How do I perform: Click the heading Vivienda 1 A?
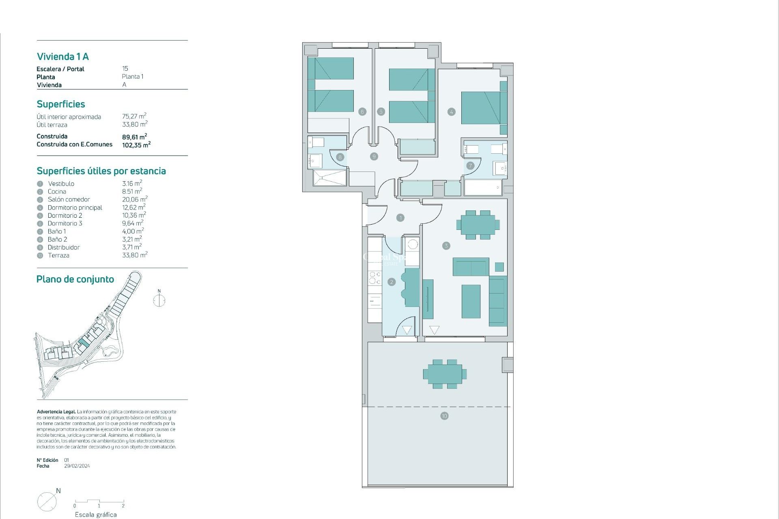point(63,56)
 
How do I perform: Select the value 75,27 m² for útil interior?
point(134,116)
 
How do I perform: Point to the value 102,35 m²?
point(136,145)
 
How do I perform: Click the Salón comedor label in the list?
point(69,199)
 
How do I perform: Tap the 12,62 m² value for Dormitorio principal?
point(133,207)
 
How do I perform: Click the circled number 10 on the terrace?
point(444,416)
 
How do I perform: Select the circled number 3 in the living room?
point(446,245)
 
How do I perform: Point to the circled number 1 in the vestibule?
point(400,218)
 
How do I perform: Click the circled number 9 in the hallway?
point(374,156)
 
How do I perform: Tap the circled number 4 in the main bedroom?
point(451,112)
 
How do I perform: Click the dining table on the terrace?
point(445,374)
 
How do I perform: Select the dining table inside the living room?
point(478,225)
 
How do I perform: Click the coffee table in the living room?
point(471,301)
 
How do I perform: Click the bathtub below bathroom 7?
point(483,188)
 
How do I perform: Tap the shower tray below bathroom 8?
point(330,178)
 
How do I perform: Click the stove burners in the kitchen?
point(374,277)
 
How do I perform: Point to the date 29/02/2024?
point(77,466)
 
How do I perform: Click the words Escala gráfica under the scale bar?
point(96,515)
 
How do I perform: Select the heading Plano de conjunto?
point(75,279)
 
